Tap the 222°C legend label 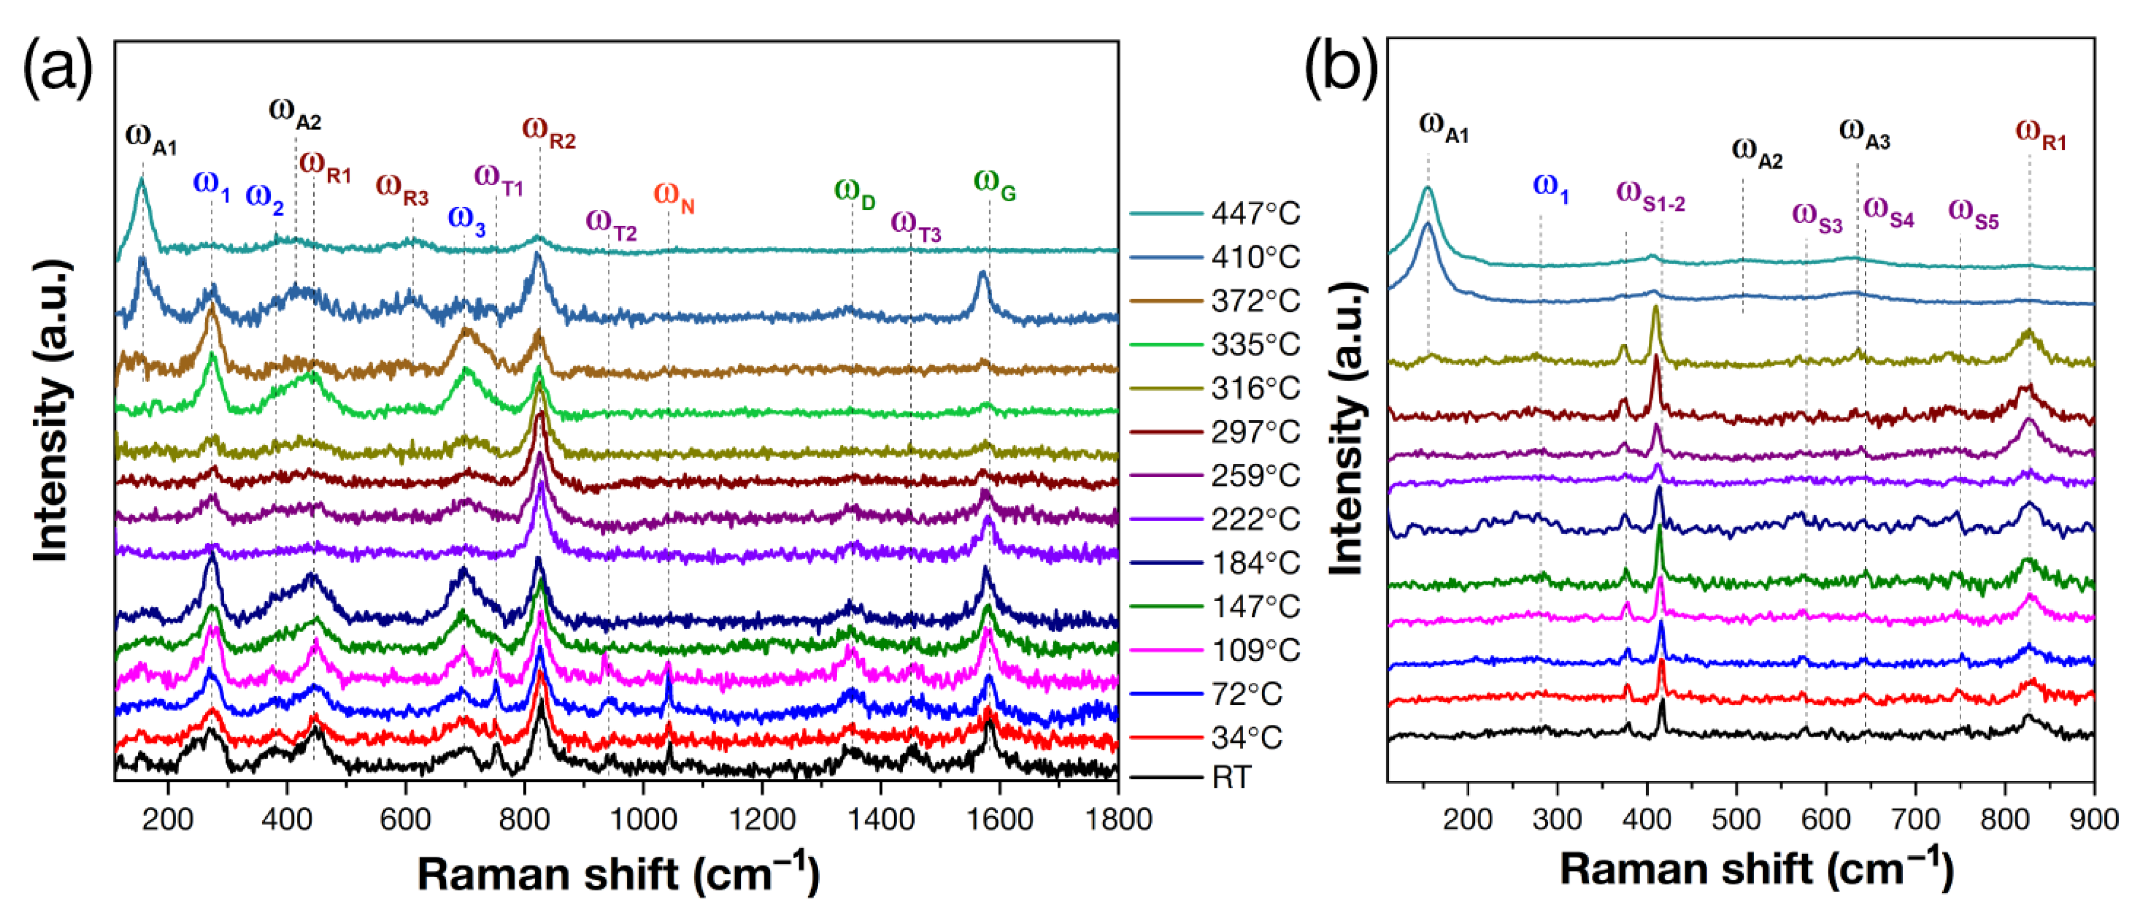tap(1255, 519)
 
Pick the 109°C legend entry tap(1255, 650)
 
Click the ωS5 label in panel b tap(1974, 213)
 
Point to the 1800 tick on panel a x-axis tap(1117, 819)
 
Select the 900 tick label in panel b tap(2092, 819)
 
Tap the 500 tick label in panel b tap(1737, 819)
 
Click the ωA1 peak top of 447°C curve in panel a tap(142, 179)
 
